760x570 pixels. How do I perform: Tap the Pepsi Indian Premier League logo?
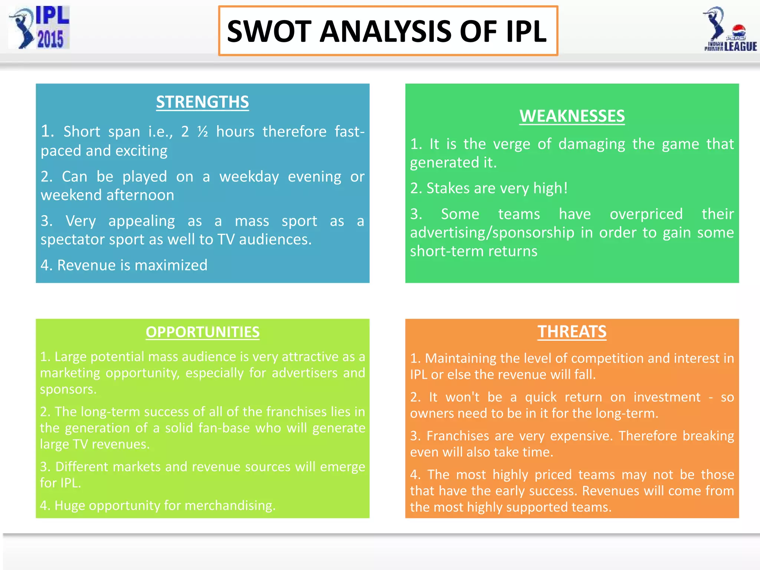coord(730,29)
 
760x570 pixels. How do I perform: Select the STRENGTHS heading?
coord(202,102)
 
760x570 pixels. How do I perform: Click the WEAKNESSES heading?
coord(572,116)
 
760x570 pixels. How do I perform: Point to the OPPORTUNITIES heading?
coord(202,332)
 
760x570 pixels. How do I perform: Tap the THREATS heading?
coord(572,332)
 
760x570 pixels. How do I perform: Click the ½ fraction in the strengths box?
coord(203,132)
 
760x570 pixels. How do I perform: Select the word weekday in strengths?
coord(249,177)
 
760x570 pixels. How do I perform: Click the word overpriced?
coord(646,214)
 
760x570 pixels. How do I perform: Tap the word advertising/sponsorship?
coord(492,233)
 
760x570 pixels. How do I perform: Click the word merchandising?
coord(230,505)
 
